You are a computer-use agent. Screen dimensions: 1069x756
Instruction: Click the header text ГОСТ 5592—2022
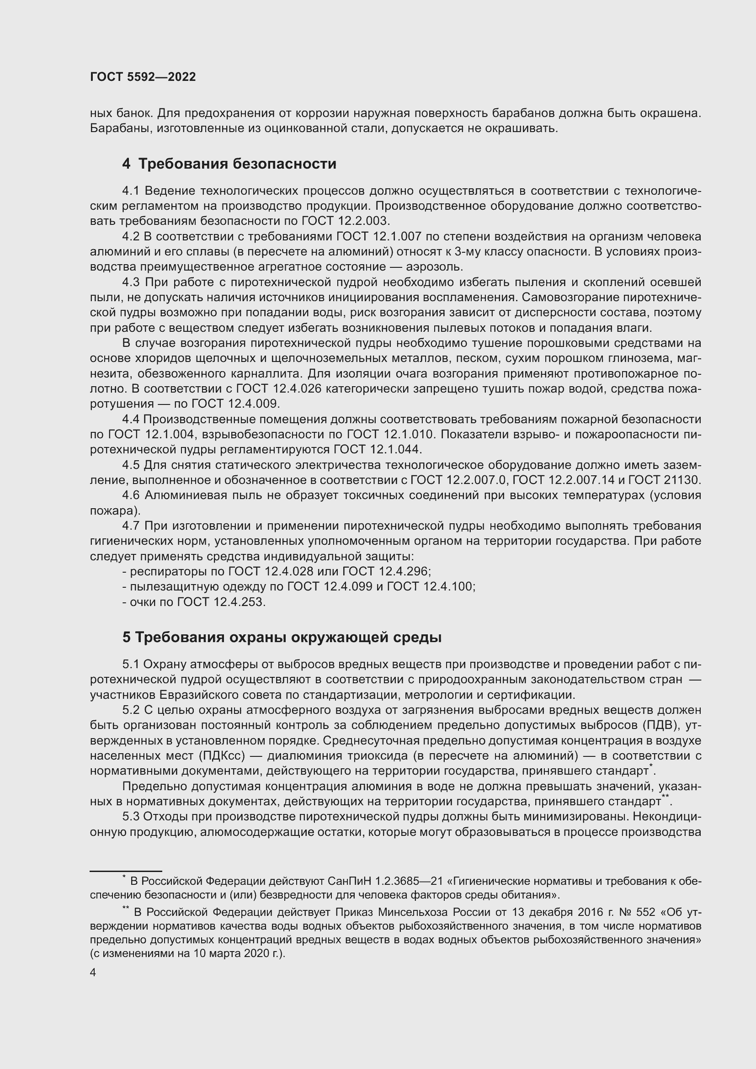click(x=143, y=77)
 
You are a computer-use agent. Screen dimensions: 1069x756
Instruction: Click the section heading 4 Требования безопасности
click(x=229, y=164)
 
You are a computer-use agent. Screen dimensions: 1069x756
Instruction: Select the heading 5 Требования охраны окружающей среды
click(x=282, y=638)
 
